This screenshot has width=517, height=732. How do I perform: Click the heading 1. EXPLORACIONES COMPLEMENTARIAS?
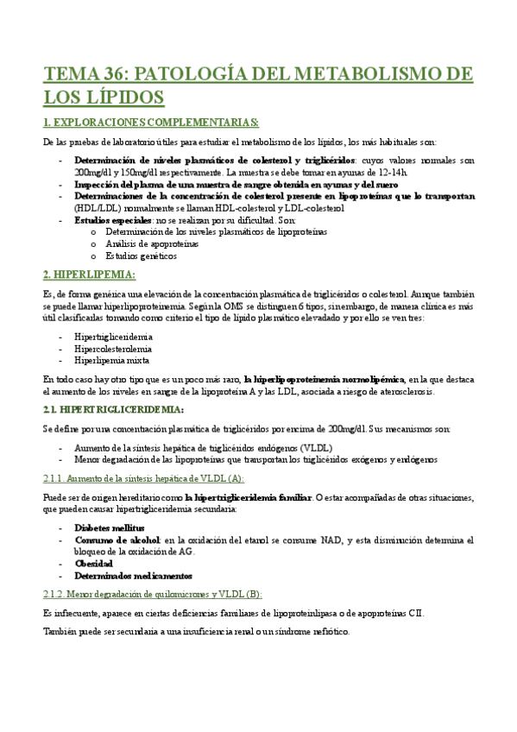[x=150, y=122]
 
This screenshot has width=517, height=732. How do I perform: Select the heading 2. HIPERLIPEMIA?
[x=89, y=274]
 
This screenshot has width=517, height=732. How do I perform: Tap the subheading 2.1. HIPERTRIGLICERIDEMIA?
[x=114, y=408]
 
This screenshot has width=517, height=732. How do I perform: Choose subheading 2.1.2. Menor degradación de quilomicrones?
[x=152, y=594]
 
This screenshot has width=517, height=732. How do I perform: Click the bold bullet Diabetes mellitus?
[x=110, y=527]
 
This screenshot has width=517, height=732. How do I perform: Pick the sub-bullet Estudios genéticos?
[x=142, y=256]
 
